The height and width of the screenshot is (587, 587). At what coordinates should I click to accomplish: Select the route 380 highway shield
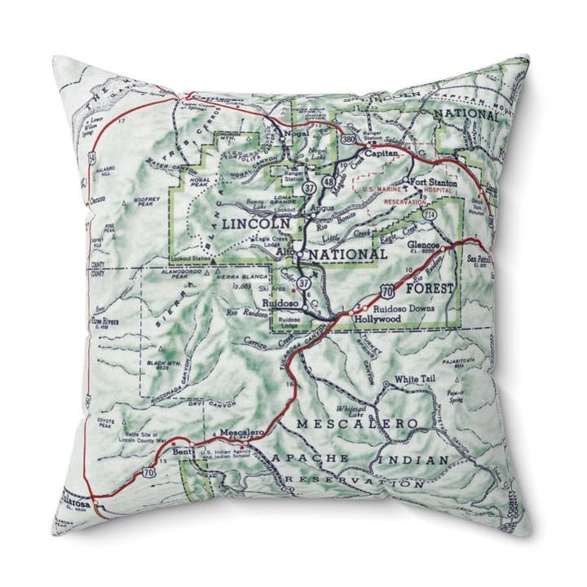pos(348,139)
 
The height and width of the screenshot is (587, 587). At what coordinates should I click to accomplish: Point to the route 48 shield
pos(329,180)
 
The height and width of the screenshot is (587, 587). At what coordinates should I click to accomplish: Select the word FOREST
pos(429,287)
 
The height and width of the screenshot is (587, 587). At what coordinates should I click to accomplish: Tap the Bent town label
pos(183,451)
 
